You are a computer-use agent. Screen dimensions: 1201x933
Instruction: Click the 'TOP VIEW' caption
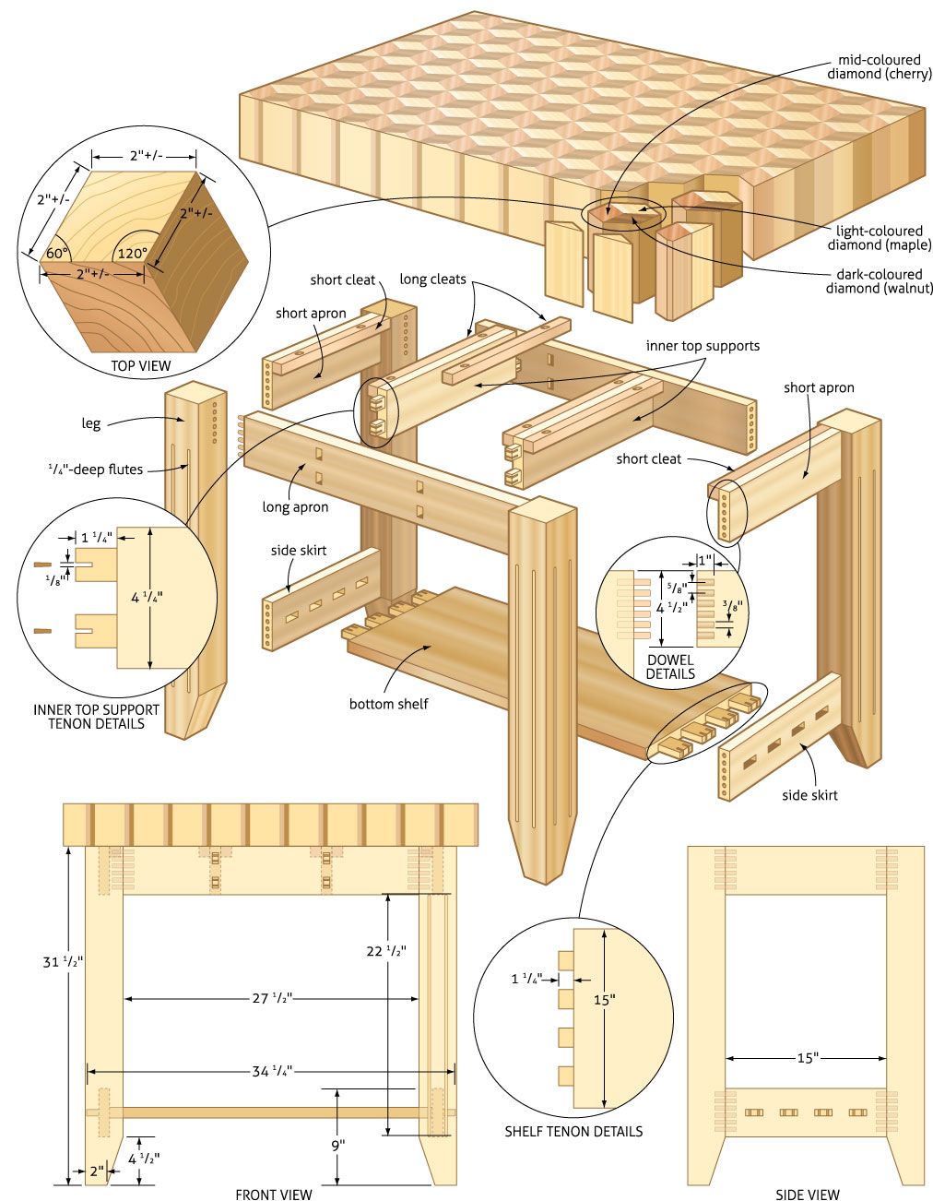[141, 365]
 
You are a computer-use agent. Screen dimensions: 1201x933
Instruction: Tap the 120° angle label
[132, 253]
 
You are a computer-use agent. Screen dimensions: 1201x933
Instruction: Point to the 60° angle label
[57, 253]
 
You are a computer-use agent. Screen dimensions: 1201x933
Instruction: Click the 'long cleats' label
[432, 279]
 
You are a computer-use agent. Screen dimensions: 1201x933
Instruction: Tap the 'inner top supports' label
[703, 346]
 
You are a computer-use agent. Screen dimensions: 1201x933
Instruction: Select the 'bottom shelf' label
[388, 704]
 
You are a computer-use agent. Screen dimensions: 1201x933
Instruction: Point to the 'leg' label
[90, 423]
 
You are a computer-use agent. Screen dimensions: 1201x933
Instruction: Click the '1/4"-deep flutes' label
[96, 470]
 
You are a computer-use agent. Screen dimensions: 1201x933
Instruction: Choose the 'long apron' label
[295, 506]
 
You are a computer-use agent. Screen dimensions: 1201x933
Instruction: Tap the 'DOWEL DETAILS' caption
[670, 667]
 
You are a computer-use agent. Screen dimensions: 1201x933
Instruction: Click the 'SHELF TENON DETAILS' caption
[573, 1131]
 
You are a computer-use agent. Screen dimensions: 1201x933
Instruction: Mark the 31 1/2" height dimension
[63, 961]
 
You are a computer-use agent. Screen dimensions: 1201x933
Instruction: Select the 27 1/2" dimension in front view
[272, 998]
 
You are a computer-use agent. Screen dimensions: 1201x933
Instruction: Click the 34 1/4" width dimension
[272, 1071]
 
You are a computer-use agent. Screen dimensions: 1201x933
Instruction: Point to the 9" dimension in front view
[338, 1145]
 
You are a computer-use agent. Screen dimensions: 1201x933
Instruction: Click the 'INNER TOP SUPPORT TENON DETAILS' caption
[96, 717]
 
